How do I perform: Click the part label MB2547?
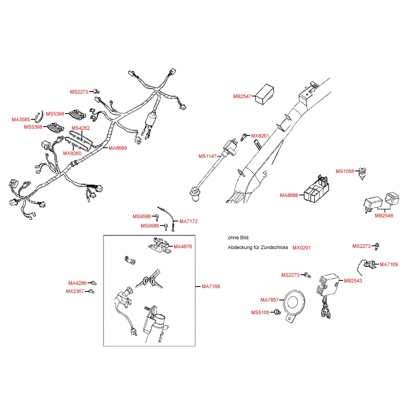[242, 96]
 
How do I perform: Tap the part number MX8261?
[260, 136]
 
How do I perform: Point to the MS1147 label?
[208, 156]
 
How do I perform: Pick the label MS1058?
[345, 171]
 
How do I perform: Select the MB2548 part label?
[384, 215]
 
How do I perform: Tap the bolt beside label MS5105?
[277, 312]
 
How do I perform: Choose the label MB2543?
[353, 281]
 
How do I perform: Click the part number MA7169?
[389, 265]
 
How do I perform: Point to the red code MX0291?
[302, 247]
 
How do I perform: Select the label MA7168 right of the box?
[211, 287]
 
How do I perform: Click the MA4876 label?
[183, 247]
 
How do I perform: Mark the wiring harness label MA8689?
[118, 148]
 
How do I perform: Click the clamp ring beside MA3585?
[39, 116]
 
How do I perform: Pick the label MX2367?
[75, 291]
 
